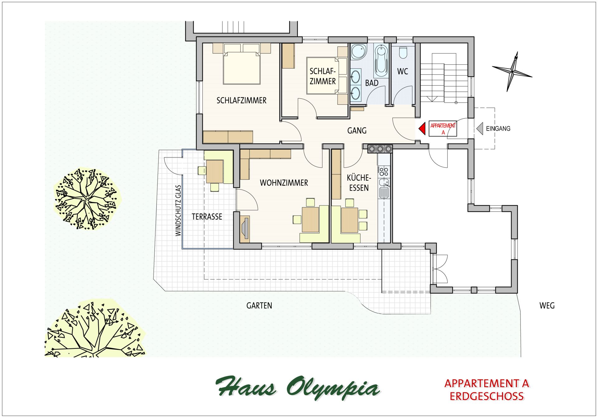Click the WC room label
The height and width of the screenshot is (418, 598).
pos(402,71)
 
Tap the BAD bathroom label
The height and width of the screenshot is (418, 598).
pos(372,83)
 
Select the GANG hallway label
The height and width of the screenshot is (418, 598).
pos(357,131)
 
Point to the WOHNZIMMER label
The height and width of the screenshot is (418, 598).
pos(284,183)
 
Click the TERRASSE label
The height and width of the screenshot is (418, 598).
pos(207,217)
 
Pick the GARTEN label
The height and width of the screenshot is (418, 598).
pos(259,306)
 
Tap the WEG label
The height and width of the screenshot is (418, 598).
pos(547,306)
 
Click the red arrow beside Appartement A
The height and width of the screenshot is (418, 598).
pos(422,128)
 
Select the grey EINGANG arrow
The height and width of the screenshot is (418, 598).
pos(480,128)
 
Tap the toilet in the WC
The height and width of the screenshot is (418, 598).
pos(403,52)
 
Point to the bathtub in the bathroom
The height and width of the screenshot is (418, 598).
pos(381,60)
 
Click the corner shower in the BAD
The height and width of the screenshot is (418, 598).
pos(359,52)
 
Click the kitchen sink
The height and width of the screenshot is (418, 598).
pos(384,189)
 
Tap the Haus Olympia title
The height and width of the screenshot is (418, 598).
pos(298,388)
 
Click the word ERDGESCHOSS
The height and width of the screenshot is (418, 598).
pos(487,397)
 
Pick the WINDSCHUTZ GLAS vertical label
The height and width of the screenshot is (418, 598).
pos(178,211)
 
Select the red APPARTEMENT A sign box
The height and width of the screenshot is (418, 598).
pos(443,128)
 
